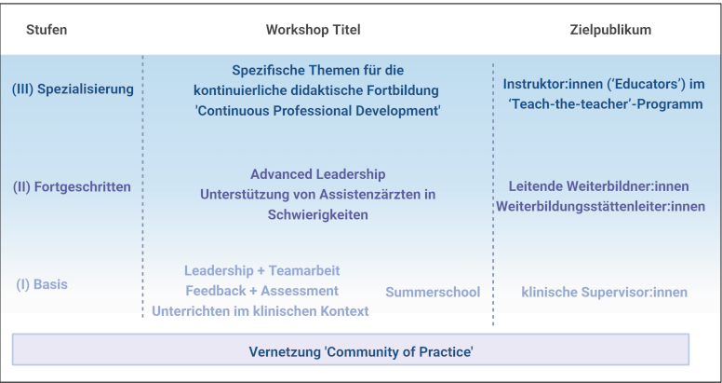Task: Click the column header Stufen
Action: [x=47, y=30]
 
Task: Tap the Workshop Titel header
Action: [x=314, y=30]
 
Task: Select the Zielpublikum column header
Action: [x=610, y=30]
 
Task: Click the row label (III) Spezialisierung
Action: [x=73, y=89]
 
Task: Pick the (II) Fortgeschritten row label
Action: [x=73, y=187]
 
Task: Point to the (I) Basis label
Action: [x=42, y=284]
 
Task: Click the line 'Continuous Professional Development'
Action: [x=318, y=111]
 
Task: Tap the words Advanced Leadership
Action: [x=317, y=174]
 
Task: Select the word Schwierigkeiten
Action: [x=317, y=215]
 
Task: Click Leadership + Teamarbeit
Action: [x=262, y=270]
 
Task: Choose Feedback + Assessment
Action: [x=262, y=291]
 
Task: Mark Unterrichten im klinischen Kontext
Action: [x=261, y=311]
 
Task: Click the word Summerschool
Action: [x=433, y=292]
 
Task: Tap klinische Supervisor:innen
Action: [x=604, y=292]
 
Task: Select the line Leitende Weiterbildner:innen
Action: [x=598, y=186]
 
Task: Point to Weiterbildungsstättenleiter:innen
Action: [x=600, y=206]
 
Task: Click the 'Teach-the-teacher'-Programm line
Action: [x=606, y=104]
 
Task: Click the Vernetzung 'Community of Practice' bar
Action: [x=351, y=349]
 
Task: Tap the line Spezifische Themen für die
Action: [x=317, y=71]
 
